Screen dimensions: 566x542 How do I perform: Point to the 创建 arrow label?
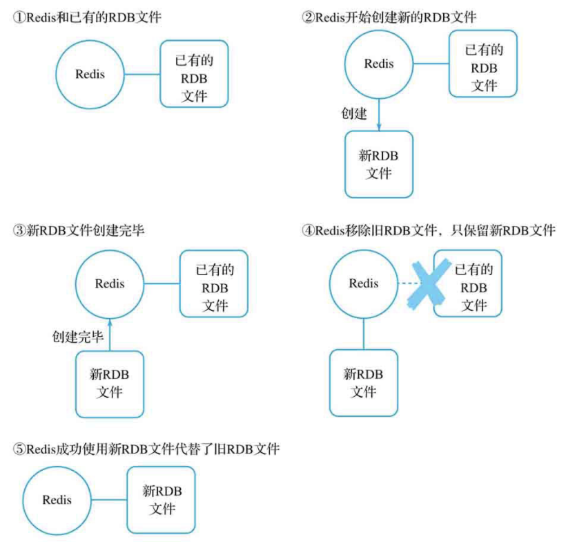click(x=354, y=113)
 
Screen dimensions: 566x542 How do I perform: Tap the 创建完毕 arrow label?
click(x=78, y=337)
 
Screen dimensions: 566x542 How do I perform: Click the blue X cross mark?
click(x=429, y=285)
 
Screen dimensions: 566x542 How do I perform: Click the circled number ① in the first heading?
click(x=19, y=17)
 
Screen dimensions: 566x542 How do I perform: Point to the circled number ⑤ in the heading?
click(x=19, y=449)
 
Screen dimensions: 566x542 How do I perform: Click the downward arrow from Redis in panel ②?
click(x=379, y=115)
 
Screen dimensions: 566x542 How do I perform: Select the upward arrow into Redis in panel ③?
click(x=110, y=335)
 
